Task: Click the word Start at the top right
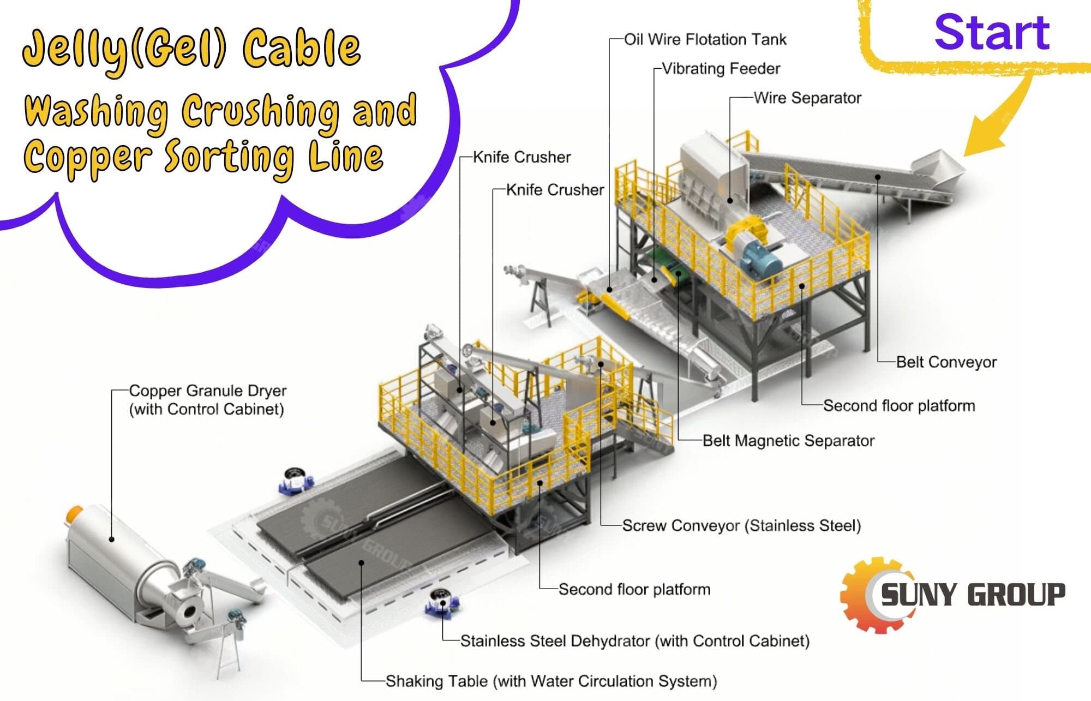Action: click(x=992, y=33)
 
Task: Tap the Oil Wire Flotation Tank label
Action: click(x=705, y=40)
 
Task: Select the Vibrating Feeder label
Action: click(x=721, y=69)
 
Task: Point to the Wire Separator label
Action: click(x=807, y=98)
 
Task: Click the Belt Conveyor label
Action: click(x=946, y=362)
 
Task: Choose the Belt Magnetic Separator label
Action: click(x=788, y=441)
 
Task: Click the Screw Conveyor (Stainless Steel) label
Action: click(x=741, y=526)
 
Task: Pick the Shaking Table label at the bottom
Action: click(x=551, y=681)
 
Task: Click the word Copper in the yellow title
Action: click(x=87, y=157)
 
